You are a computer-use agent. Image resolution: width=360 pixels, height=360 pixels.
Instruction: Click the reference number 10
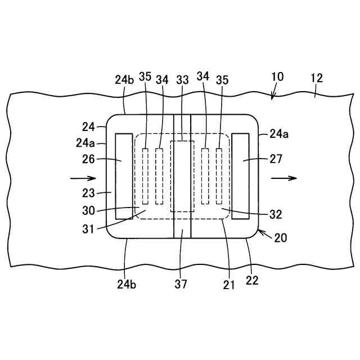(x=278, y=78)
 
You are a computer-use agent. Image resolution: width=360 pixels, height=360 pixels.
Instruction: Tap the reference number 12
(x=317, y=78)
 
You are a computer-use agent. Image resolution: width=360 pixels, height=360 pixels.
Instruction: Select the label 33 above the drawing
(x=183, y=80)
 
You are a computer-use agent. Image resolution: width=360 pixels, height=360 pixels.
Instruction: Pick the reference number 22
(x=253, y=281)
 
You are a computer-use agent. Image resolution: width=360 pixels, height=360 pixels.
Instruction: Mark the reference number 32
(x=276, y=214)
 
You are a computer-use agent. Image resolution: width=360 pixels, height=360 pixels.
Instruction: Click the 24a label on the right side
(x=280, y=134)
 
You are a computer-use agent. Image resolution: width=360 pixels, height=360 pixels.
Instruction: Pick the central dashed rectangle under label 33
(x=182, y=176)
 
